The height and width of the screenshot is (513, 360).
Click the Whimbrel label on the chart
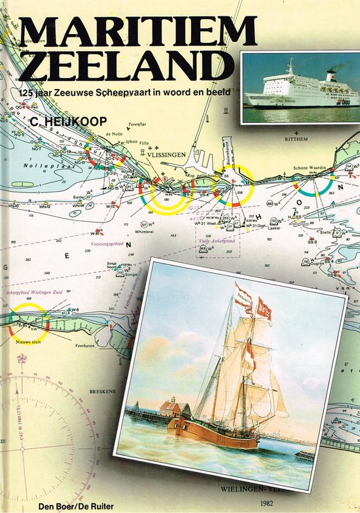click(x=146, y=231)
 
